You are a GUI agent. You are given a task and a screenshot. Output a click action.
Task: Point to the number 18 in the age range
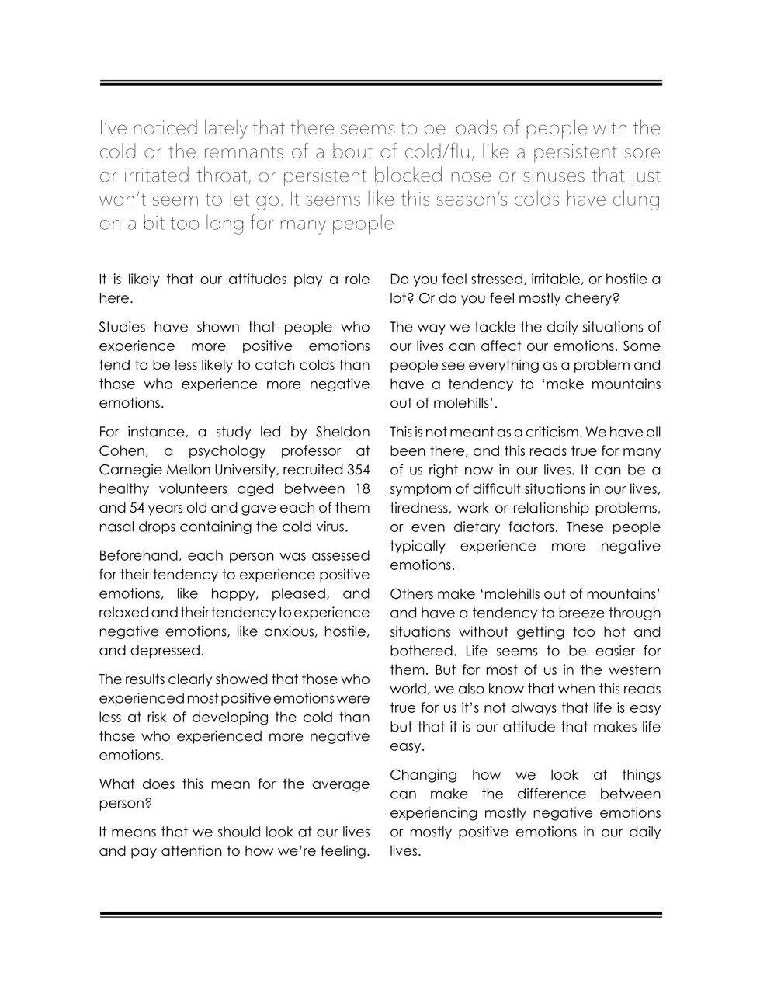click(x=362, y=488)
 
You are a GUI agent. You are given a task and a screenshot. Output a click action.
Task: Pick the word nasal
click(x=117, y=527)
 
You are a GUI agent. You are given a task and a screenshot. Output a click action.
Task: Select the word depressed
click(x=167, y=651)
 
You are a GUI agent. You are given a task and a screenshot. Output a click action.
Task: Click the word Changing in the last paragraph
click(x=423, y=775)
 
